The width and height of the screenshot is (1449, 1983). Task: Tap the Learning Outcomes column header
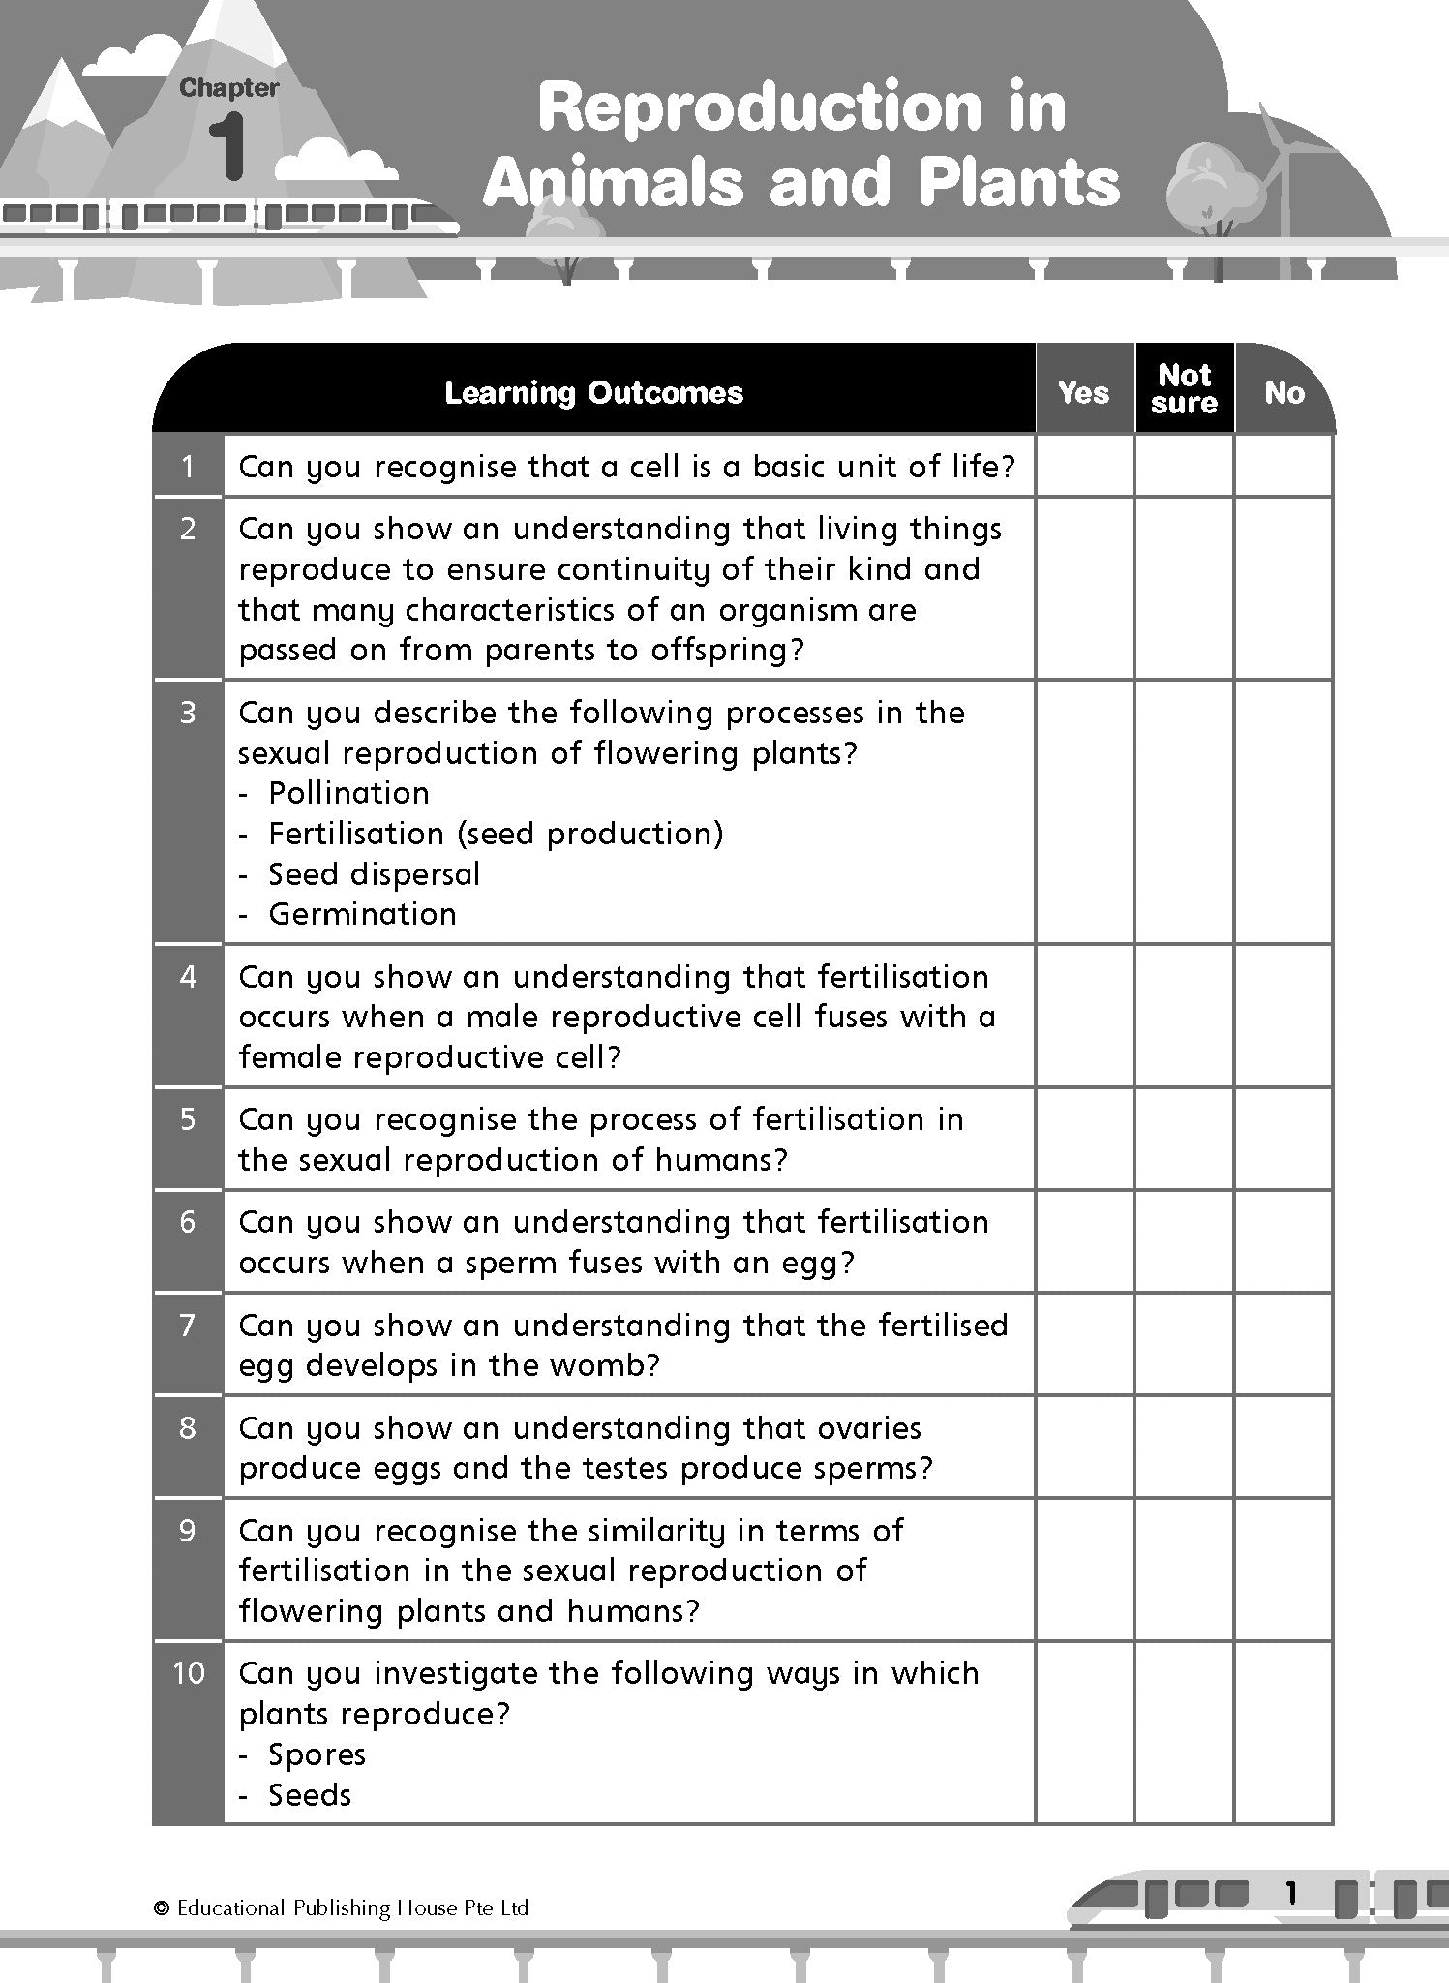click(593, 392)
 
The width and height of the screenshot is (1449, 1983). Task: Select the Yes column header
click(1083, 392)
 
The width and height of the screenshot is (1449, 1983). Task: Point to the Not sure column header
click(1184, 389)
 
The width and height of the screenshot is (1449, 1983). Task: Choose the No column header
click(1283, 392)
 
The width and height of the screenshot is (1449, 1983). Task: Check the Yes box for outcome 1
click(1084, 466)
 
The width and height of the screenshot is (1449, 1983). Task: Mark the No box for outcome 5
click(1283, 1139)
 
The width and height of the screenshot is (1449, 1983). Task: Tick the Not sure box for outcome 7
click(1184, 1344)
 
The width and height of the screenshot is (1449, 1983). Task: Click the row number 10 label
click(188, 1673)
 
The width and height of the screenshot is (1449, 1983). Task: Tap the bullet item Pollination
click(348, 793)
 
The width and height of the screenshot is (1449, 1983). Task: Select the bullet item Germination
click(362, 914)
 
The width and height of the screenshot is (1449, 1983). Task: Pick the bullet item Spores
click(317, 1754)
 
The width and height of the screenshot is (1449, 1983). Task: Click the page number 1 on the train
click(1289, 1894)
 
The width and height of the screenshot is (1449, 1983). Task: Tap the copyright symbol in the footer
click(162, 1908)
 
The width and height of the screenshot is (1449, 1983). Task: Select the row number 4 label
click(188, 976)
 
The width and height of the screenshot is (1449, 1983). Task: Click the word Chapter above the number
click(228, 88)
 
